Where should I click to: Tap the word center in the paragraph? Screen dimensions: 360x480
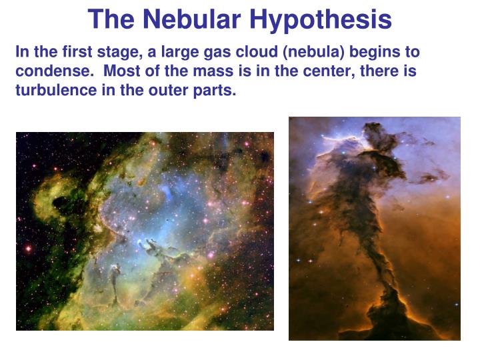[279, 71]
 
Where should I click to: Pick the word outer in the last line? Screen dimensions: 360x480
[160, 90]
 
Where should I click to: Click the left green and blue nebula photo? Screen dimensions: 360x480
[145, 231]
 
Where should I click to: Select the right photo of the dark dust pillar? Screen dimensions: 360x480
[375, 229]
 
